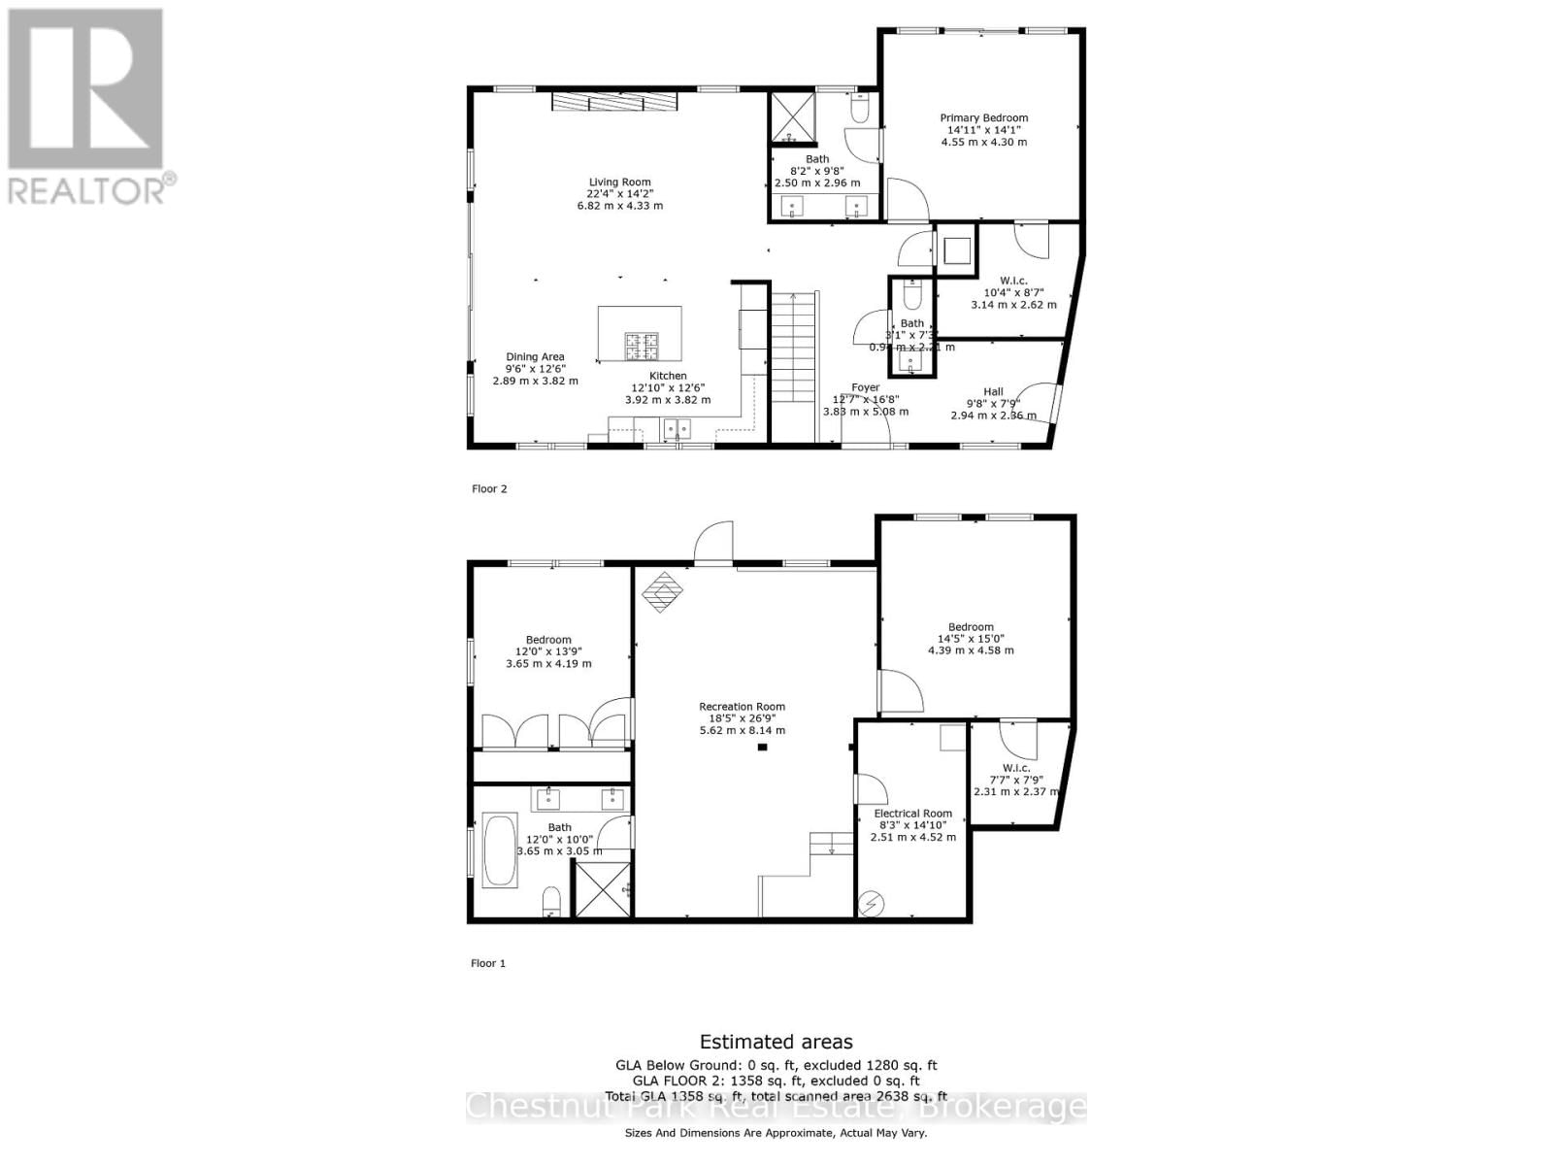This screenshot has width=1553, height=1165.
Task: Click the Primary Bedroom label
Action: click(x=983, y=118)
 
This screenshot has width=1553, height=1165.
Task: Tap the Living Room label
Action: click(x=619, y=183)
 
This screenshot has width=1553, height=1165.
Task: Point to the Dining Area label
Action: click(x=535, y=357)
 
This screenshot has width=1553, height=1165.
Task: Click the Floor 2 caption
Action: click(x=489, y=489)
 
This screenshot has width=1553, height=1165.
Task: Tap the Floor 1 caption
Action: click(x=488, y=964)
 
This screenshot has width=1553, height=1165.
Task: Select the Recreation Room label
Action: click(x=743, y=707)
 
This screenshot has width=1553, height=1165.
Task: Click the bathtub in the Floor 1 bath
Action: click(x=501, y=850)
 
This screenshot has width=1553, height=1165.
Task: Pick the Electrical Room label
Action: click(x=912, y=814)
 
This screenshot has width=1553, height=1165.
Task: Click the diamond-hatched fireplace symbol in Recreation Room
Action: click(x=664, y=590)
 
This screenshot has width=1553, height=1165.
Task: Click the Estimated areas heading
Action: click(x=776, y=1042)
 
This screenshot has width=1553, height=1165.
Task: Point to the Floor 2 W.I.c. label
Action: click(x=1013, y=281)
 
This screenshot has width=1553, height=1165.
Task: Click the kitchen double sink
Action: click(x=677, y=428)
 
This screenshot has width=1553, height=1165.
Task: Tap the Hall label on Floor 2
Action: click(x=993, y=392)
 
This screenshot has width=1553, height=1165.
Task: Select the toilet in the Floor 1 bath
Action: click(x=551, y=901)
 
